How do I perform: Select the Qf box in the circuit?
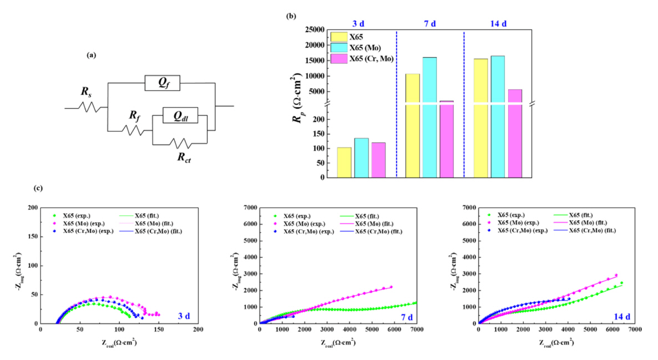(163, 83)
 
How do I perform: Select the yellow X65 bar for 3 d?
(344, 163)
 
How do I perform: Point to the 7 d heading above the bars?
(430, 23)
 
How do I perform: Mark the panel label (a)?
(92, 55)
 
